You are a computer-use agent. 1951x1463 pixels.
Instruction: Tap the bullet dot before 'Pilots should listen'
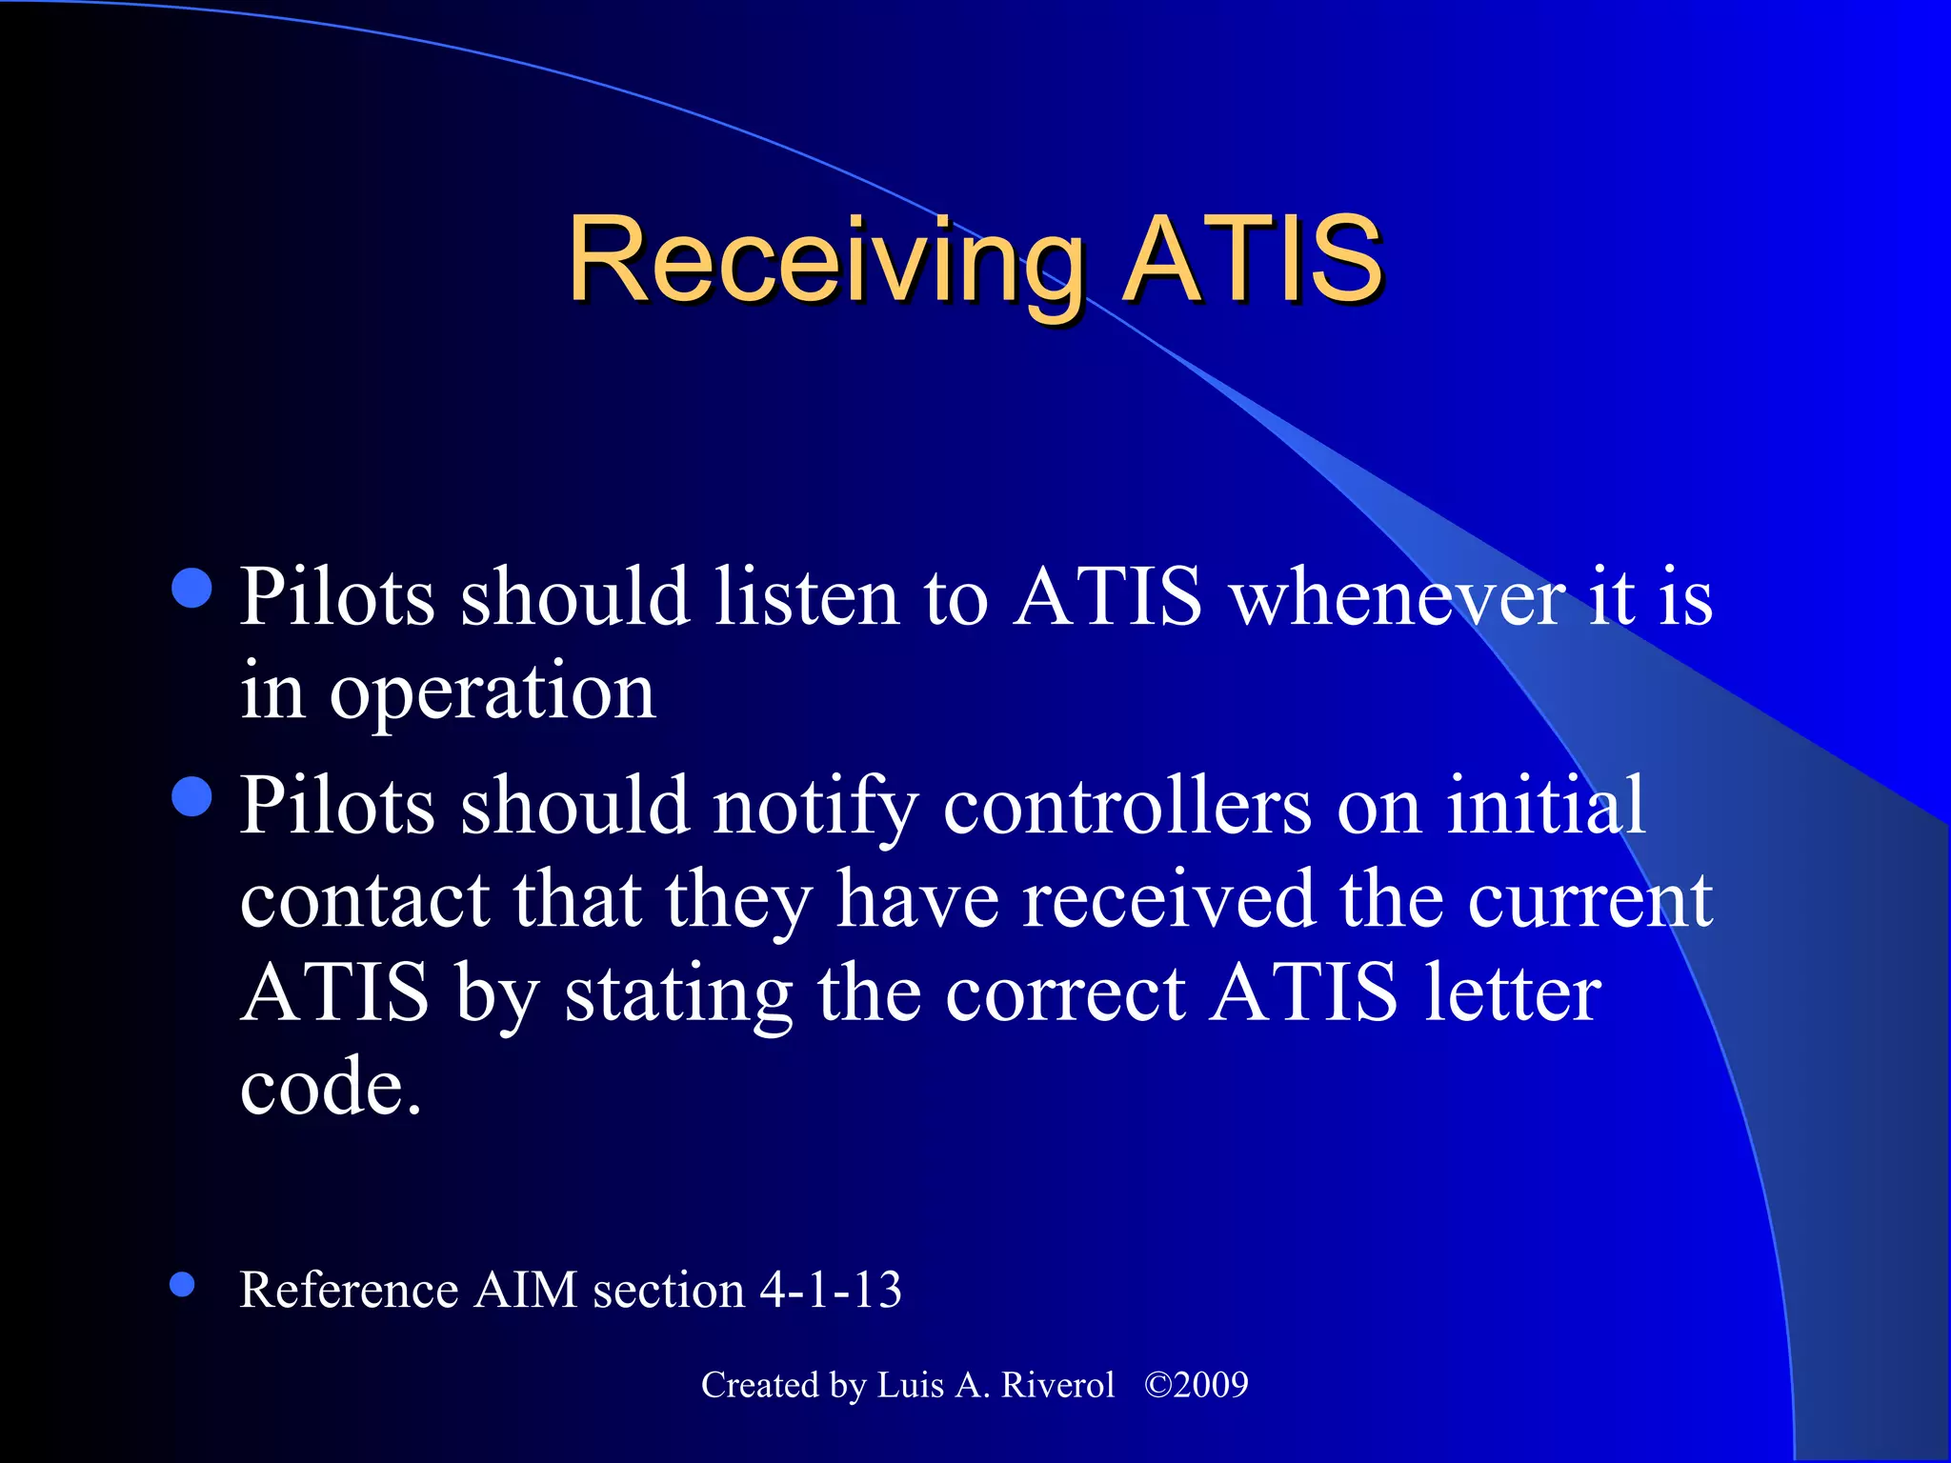(192, 588)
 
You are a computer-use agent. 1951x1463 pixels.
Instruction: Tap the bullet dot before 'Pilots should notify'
(192, 796)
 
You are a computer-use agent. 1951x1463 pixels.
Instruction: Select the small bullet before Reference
(182, 1285)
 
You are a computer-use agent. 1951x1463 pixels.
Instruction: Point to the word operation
(492, 693)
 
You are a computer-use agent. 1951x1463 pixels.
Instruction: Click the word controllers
(1127, 807)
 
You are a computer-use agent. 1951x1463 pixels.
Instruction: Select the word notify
(815, 807)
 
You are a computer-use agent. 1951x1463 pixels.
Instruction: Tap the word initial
(1545, 805)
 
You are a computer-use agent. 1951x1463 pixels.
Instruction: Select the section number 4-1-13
(830, 1290)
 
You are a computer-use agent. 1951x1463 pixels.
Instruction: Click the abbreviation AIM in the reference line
(526, 1290)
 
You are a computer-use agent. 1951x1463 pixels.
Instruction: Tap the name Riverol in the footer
(1057, 1384)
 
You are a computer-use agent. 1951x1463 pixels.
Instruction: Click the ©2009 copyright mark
(1196, 1384)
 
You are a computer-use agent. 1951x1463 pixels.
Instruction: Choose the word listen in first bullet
(806, 597)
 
